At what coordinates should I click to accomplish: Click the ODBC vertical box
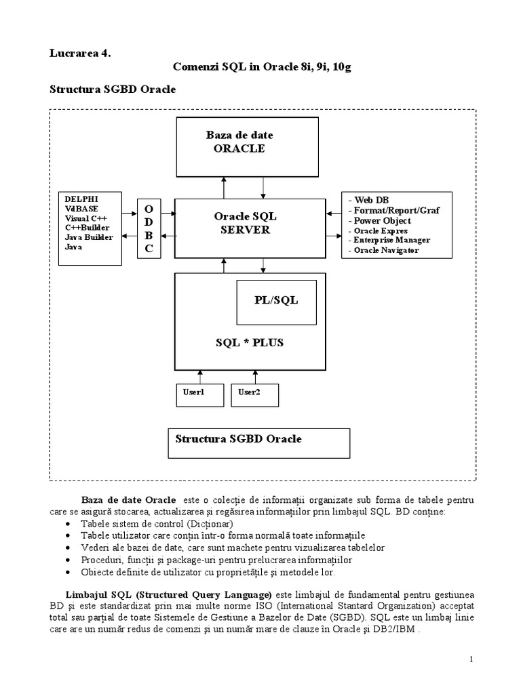(149, 228)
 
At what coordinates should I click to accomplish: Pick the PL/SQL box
(276, 300)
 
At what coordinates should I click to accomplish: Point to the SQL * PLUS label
(250, 343)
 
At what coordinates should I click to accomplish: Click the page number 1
(470, 659)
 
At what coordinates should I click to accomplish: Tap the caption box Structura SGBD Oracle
(258, 443)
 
